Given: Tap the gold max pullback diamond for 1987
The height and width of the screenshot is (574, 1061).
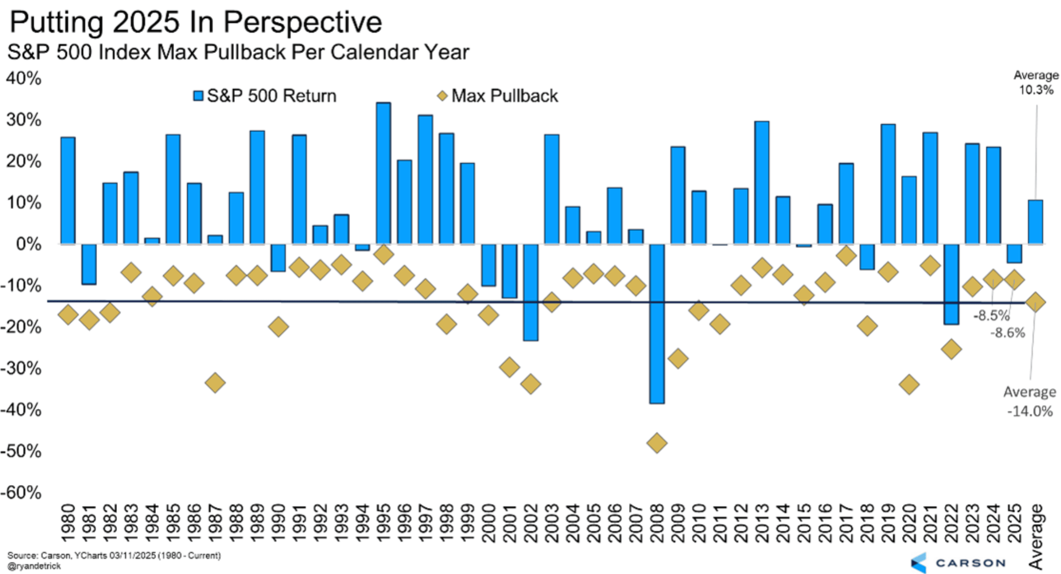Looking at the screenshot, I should click(215, 383).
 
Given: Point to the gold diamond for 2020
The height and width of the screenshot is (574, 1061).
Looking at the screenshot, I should click(909, 385).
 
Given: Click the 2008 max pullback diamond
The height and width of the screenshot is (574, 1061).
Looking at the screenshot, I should click(657, 443).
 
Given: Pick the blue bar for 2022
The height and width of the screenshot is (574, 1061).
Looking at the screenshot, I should click(951, 284).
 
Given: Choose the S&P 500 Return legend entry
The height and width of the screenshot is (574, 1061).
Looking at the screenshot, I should click(264, 96).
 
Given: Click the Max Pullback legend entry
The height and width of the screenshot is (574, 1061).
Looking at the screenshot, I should click(497, 96).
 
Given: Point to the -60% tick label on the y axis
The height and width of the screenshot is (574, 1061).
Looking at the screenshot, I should click(21, 493).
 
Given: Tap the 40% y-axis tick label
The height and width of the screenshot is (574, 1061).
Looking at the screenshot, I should click(24, 78).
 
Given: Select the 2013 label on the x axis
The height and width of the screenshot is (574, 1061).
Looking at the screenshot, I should click(762, 523).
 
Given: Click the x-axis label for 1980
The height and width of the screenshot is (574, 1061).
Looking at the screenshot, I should click(68, 523).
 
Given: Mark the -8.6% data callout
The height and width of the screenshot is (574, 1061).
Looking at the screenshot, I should click(1007, 333).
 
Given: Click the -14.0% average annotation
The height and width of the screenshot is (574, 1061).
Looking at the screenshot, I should click(1030, 411).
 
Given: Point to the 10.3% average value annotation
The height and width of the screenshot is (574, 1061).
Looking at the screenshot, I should click(1036, 90).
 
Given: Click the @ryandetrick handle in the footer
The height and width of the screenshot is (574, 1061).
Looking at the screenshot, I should click(34, 566).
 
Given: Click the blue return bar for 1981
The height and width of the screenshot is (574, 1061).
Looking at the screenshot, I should click(89, 264).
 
